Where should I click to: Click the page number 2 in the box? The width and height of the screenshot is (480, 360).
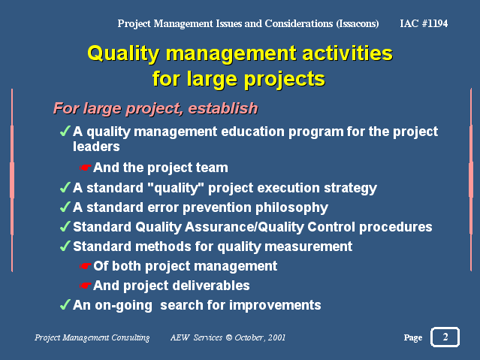coord(445,337)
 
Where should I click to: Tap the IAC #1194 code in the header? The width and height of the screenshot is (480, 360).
coord(424,23)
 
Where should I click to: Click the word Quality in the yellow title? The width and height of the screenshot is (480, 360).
coord(123,54)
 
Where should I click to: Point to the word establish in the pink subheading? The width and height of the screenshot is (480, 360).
coord(223,108)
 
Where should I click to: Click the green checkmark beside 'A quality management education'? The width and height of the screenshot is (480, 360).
coord(65,131)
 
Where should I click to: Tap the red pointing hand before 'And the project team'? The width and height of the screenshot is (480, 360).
coord(85,168)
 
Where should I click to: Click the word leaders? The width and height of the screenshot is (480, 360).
coord(96,147)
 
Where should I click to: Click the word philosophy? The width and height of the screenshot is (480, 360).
coord(291,207)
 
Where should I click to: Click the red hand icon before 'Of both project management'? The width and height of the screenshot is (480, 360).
coord(85,266)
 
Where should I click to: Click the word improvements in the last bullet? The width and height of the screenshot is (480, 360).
coord(275,305)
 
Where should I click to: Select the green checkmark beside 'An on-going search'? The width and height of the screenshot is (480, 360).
coord(65,304)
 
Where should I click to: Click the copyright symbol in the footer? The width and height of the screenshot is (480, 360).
coord(228,337)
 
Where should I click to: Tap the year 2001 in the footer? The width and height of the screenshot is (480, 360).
coord(276,337)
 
